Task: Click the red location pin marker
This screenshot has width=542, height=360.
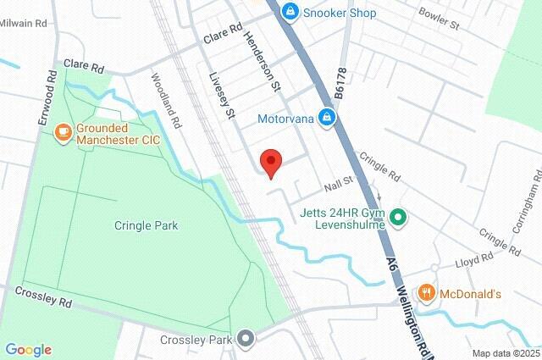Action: [x=270, y=162]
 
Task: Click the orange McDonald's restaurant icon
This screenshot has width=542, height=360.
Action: [x=428, y=293]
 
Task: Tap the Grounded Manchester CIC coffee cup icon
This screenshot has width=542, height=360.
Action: [x=62, y=131]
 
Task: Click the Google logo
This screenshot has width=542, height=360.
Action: [x=29, y=349]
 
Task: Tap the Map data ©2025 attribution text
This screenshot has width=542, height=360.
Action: [x=505, y=353]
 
